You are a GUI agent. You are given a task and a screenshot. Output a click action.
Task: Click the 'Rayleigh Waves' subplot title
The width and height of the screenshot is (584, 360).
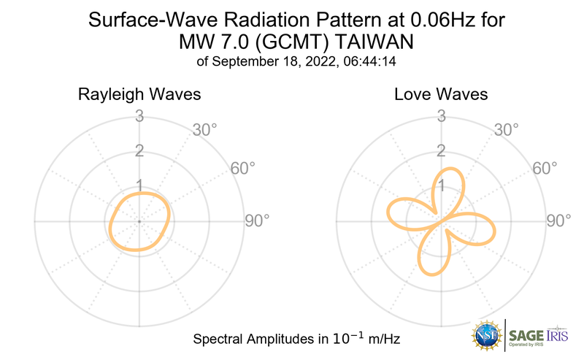[139, 95]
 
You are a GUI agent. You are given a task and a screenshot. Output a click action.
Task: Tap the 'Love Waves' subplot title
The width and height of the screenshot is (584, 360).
[441, 95]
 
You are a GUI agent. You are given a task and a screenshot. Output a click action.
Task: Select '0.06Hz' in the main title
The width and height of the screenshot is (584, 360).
[430, 19]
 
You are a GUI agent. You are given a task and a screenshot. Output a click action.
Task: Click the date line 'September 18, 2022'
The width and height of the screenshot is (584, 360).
[264, 61]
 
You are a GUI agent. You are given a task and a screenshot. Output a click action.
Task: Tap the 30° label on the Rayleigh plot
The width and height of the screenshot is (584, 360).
[205, 130]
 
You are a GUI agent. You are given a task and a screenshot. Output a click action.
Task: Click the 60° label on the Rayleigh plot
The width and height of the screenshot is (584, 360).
[243, 168]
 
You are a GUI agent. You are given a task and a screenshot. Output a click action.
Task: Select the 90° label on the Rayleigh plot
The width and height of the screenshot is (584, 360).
[257, 221]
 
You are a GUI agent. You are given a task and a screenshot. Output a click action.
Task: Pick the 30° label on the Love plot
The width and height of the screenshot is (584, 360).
[506, 130]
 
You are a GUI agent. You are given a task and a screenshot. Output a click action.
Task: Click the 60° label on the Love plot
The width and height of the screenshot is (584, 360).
[544, 168]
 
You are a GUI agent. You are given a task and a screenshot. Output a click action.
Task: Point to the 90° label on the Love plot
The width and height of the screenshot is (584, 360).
[558, 221]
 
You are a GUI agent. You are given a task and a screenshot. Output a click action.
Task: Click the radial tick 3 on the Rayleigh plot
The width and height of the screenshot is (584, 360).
[139, 116]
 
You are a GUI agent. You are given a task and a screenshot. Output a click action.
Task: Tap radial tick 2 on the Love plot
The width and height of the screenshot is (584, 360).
[440, 151]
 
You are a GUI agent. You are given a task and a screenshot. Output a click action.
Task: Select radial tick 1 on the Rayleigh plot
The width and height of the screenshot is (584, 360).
[139, 185]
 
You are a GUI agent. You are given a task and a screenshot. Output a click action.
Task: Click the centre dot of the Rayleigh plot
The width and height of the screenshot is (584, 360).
[139, 221]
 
